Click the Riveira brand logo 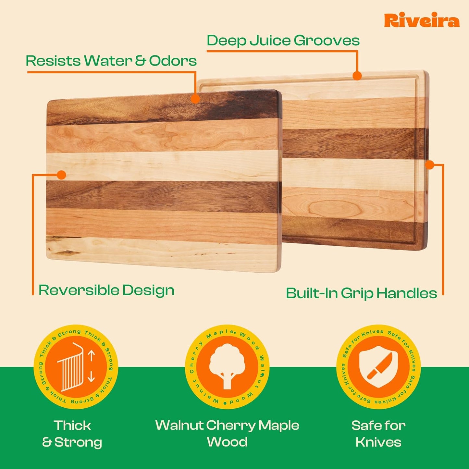(x=422, y=20)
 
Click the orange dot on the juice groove (x=357, y=76)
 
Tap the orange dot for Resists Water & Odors (x=195, y=99)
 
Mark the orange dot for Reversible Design (x=61, y=175)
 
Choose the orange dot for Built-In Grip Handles (x=429, y=165)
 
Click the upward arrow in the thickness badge (x=91, y=356)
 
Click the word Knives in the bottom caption (x=378, y=442)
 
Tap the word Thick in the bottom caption (x=72, y=426)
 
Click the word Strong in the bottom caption (x=78, y=442)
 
